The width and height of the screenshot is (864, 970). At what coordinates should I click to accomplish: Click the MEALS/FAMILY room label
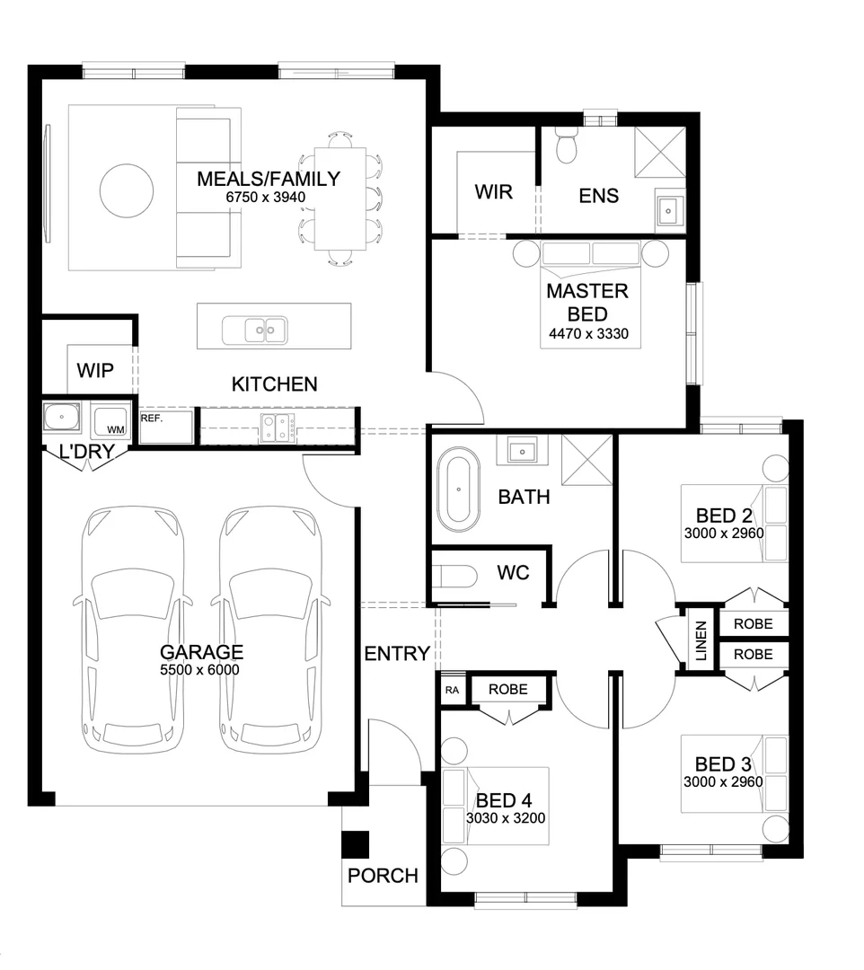(269, 179)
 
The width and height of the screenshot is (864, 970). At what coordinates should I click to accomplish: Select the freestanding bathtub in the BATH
(459, 490)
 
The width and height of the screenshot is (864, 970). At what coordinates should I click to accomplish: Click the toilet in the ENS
(567, 145)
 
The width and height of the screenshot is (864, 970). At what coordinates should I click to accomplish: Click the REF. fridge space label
(151, 418)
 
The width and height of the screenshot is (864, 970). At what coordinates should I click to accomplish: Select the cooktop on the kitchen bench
(274, 428)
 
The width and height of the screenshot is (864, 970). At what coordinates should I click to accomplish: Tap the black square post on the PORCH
(357, 845)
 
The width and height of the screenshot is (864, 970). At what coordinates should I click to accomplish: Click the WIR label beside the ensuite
(493, 192)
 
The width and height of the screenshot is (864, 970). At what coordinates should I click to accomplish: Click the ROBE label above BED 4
(508, 689)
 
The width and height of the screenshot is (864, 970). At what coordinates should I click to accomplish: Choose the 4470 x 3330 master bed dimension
(587, 335)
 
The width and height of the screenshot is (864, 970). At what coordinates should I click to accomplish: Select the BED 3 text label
(723, 764)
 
